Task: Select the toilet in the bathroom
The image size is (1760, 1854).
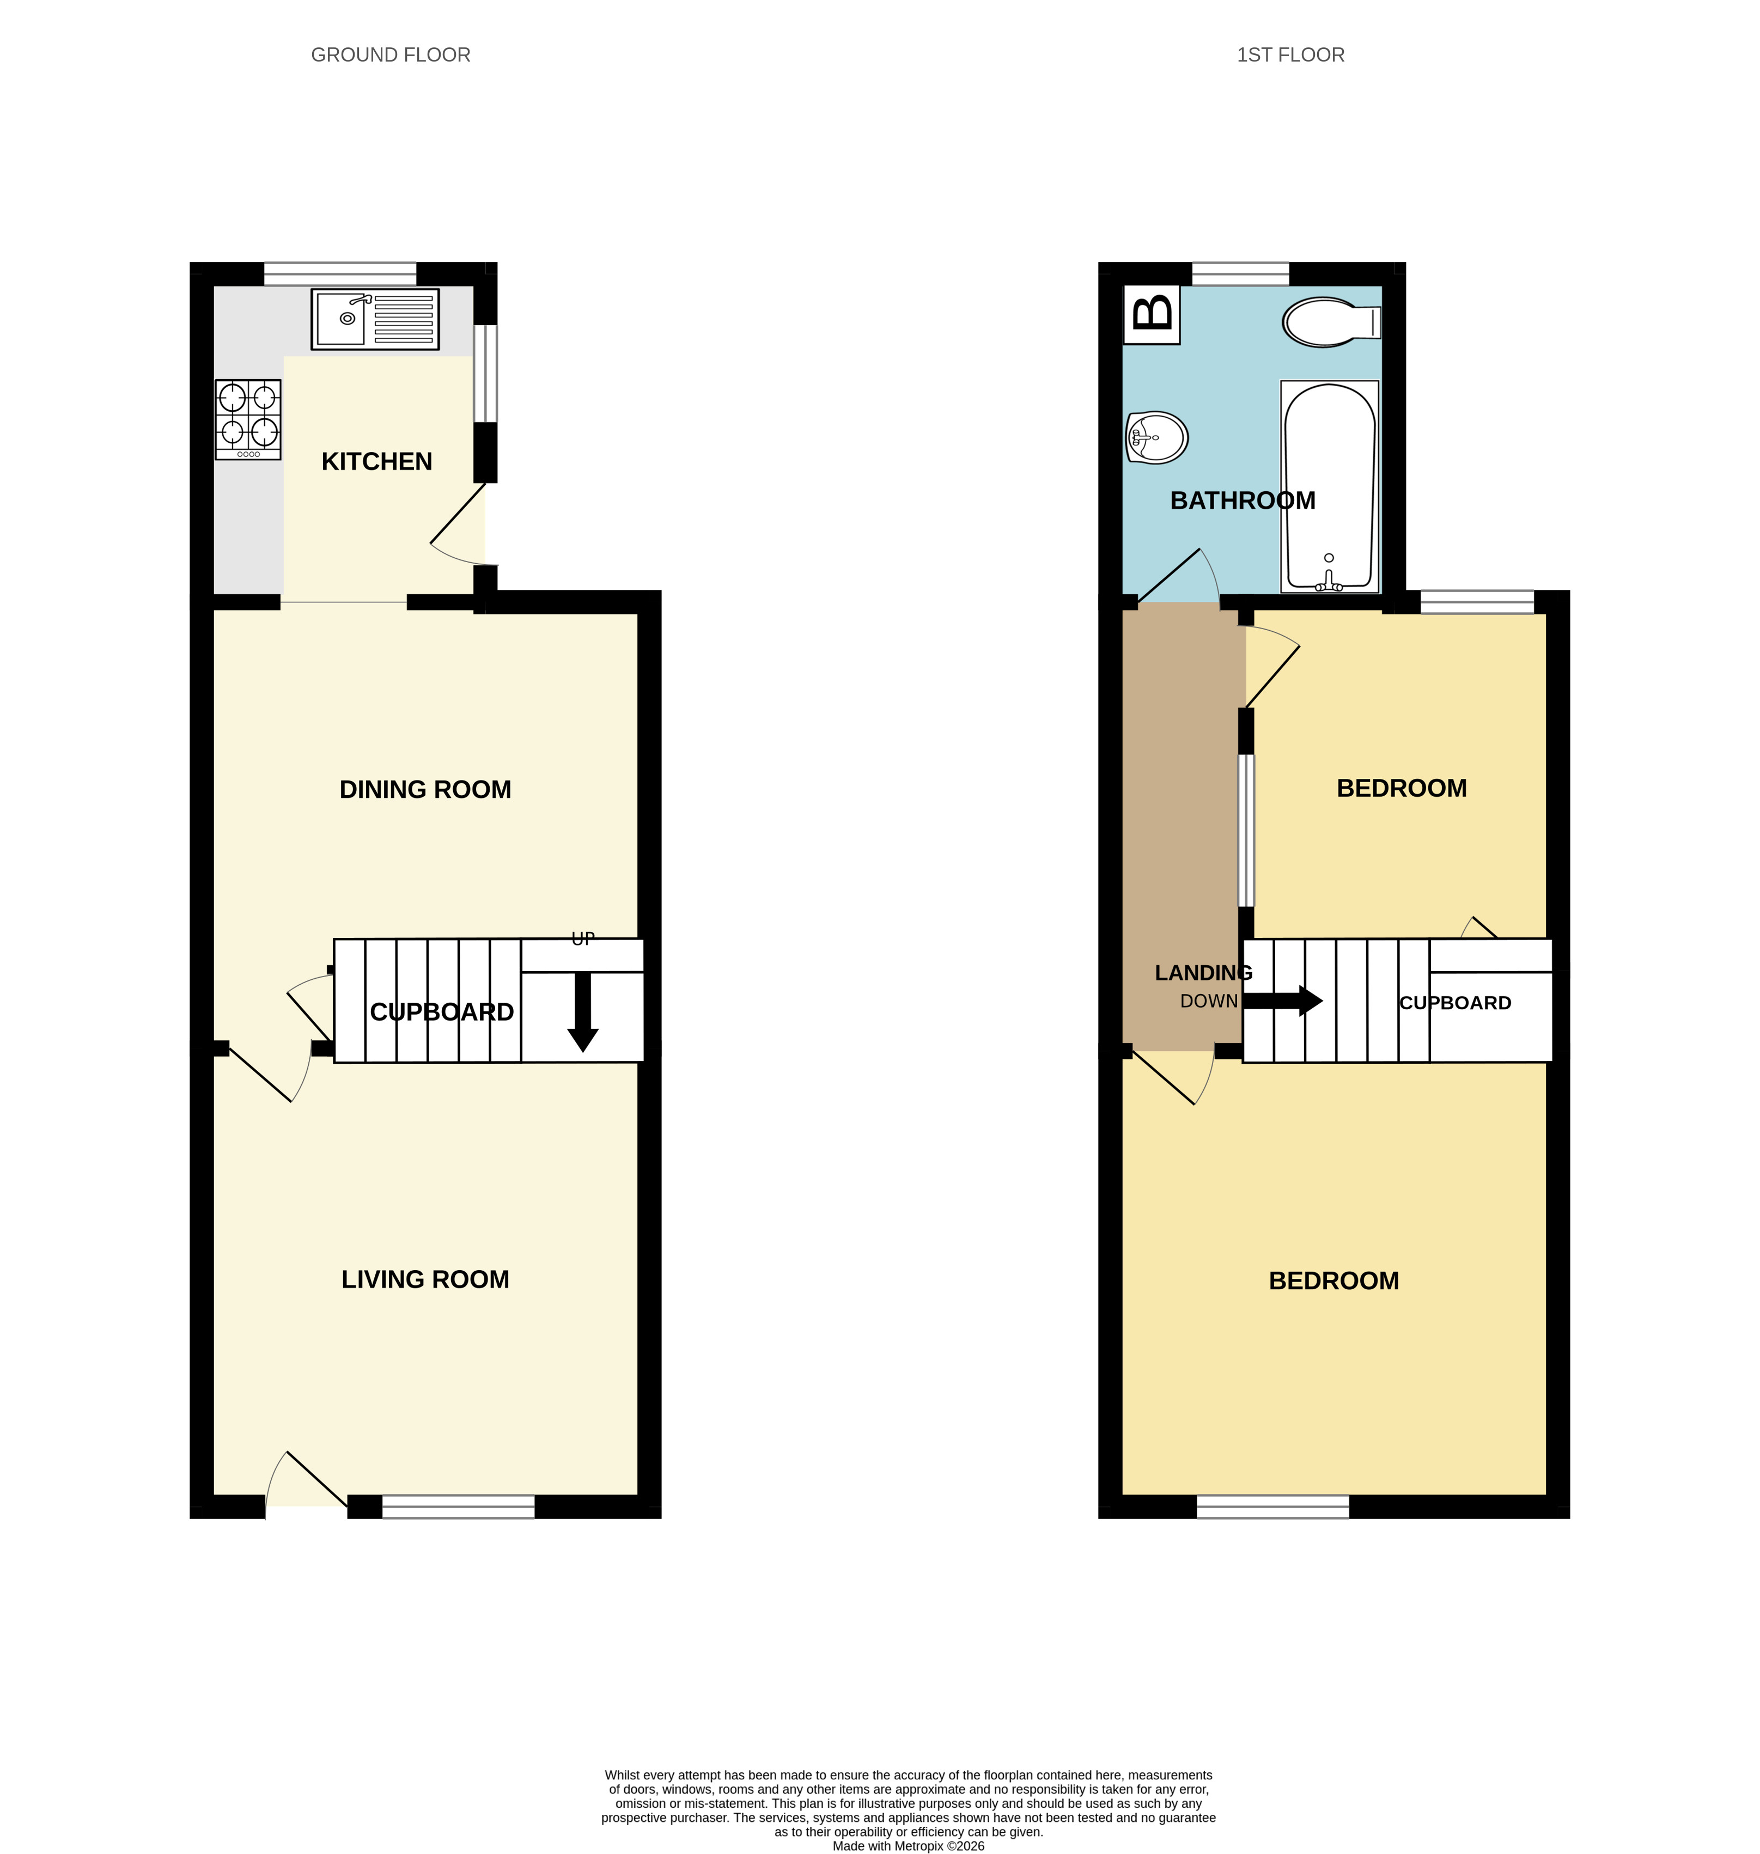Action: (1330, 322)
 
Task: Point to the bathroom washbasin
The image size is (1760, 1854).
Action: (1157, 437)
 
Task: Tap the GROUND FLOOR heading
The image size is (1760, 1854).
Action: (390, 56)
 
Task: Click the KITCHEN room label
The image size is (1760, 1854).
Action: (376, 462)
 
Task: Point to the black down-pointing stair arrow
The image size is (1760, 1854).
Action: (583, 1013)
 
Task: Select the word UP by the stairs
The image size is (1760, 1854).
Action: (583, 939)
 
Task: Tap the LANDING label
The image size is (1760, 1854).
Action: (1203, 973)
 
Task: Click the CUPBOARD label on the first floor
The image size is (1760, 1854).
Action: (1454, 1003)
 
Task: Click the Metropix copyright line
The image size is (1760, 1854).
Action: (908, 1845)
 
